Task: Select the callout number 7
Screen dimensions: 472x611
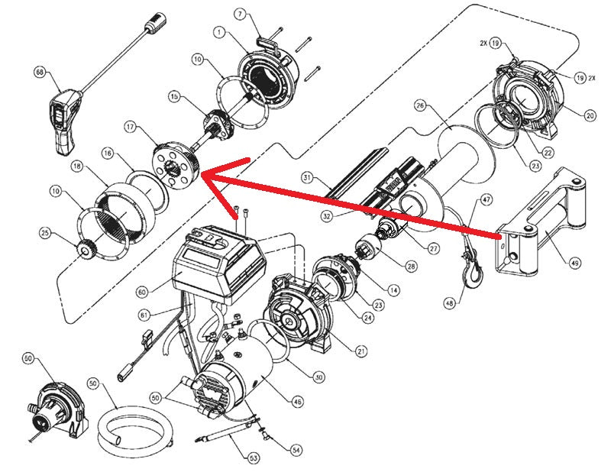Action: (x=239, y=14)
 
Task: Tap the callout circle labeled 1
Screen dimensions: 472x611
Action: (x=219, y=34)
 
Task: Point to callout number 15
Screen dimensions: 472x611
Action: (x=174, y=97)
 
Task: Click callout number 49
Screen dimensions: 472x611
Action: (x=575, y=262)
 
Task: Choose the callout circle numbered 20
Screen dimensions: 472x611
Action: (x=589, y=116)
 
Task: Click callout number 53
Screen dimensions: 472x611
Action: (x=254, y=457)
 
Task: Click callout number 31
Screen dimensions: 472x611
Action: (x=307, y=178)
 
